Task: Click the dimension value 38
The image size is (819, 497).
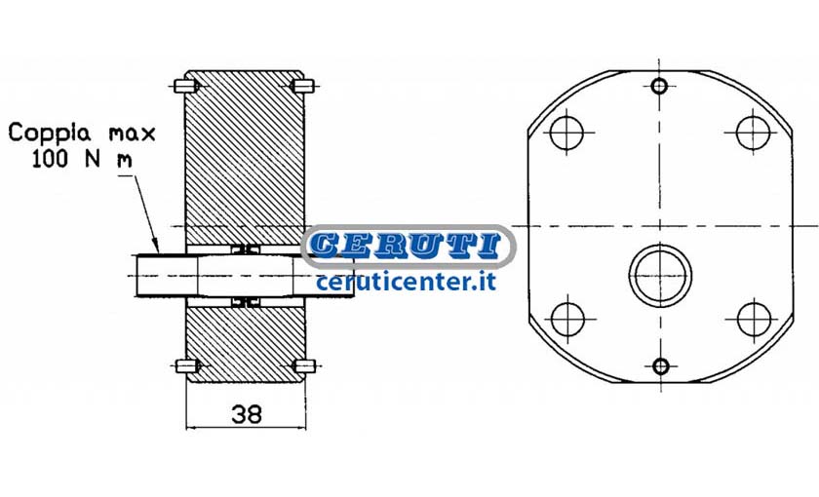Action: pyautogui.click(x=247, y=414)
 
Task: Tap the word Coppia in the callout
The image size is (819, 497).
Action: pyautogui.click(x=50, y=134)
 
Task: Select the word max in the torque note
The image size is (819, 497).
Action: pyautogui.click(x=133, y=134)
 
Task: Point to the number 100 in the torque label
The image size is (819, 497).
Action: pyautogui.click(x=50, y=158)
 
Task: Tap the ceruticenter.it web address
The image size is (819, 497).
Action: pyautogui.click(x=406, y=282)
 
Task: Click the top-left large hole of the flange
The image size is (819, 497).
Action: pyautogui.click(x=566, y=133)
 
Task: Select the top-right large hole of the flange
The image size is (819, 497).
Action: pyautogui.click(x=753, y=133)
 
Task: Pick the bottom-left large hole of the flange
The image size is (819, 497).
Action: pyautogui.click(x=567, y=319)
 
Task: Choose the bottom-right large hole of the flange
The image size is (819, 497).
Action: pyautogui.click(x=755, y=319)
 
